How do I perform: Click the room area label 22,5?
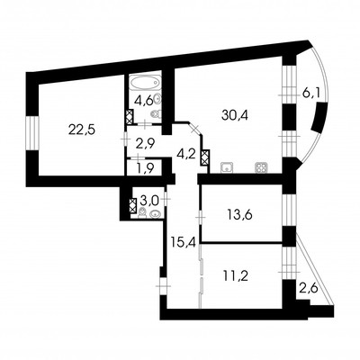(x=78, y=129)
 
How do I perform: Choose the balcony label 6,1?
(x=311, y=92)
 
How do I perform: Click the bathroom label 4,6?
(x=143, y=99)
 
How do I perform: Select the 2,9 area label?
(x=145, y=143)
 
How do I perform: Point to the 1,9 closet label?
(x=144, y=166)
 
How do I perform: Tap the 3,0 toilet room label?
(x=149, y=199)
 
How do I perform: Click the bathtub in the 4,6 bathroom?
(x=142, y=83)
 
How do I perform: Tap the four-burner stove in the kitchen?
(x=262, y=166)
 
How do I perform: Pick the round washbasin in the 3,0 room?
(x=156, y=213)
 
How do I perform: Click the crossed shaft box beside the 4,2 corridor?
(x=205, y=159)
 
